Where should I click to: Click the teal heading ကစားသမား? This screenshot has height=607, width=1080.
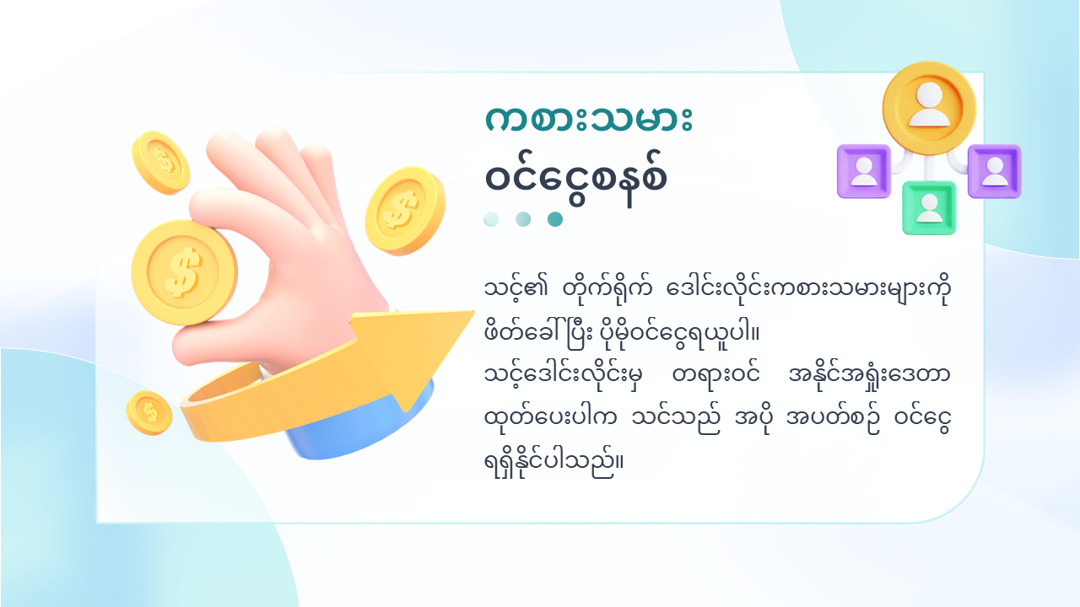coord(589,119)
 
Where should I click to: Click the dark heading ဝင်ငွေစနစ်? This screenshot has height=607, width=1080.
coord(576,179)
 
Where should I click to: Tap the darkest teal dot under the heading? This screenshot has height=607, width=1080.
coord(555,219)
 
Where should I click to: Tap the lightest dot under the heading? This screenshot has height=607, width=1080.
coord(491,219)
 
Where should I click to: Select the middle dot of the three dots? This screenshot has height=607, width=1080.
coord(523,219)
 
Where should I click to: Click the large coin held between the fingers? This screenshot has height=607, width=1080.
coord(184,272)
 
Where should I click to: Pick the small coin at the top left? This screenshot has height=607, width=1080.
coord(161,163)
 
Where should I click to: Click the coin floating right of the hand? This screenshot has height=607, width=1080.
coord(405,211)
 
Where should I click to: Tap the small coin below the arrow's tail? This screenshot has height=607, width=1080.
coord(149,413)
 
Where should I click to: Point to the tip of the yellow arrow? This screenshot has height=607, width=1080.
coord(473,313)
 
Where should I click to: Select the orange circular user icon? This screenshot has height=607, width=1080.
coord(929,108)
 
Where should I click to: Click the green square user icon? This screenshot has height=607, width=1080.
coord(929,207)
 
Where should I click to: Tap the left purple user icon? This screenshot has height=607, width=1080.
coord(864,171)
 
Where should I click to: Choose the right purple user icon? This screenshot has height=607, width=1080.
coord(995,171)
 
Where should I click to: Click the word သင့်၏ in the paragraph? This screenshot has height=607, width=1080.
coord(516,289)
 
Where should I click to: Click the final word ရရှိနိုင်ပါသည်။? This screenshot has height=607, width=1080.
coord(554,461)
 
